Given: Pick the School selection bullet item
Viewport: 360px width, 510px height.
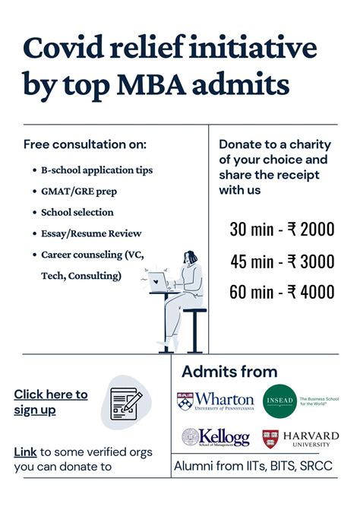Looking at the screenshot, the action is pyautogui.click(x=77, y=212).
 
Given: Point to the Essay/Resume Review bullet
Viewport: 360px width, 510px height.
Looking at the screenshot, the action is pyautogui.click(x=91, y=233).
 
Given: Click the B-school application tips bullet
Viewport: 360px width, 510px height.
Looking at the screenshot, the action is pyautogui.click(x=96, y=170).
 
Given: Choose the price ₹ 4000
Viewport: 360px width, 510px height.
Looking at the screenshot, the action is pyautogui.click(x=311, y=292).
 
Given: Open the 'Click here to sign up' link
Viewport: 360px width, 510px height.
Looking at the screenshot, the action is pyautogui.click(x=50, y=402).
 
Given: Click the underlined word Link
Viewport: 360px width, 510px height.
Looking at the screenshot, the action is pyautogui.click(x=25, y=452).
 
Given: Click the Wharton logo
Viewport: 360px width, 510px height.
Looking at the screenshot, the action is pyautogui.click(x=216, y=400).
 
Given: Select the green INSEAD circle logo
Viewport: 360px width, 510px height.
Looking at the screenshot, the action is pyautogui.click(x=279, y=401).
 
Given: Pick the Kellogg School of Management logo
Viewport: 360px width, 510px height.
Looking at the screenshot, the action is pyautogui.click(x=215, y=438).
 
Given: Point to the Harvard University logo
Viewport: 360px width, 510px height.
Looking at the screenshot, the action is pyautogui.click(x=300, y=438).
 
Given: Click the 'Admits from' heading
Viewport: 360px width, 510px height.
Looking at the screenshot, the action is pyautogui.click(x=229, y=372).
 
